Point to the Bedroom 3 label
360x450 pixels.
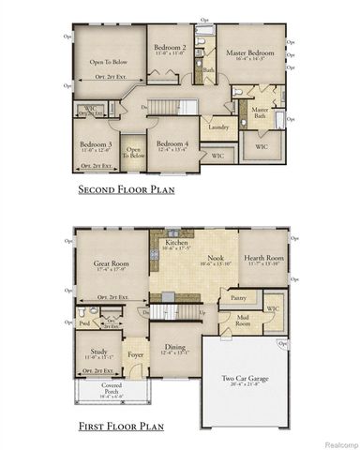click(97, 144)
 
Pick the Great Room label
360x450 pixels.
click(111, 265)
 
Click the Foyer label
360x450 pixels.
click(136, 354)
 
